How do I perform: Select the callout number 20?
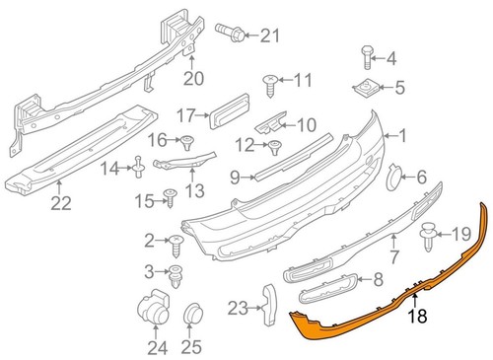click(192, 77)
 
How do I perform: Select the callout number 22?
click(61, 205)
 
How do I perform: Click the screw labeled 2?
click(178, 241)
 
